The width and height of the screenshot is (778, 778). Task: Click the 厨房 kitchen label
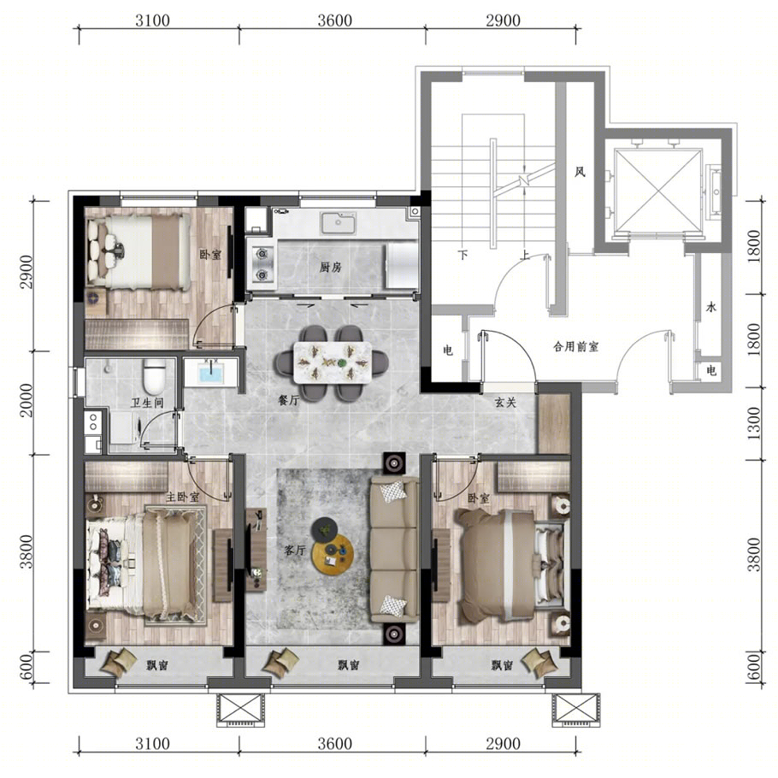tap(331, 268)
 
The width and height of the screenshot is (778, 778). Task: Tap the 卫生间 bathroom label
tap(147, 403)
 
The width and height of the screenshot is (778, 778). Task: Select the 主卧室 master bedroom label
tap(183, 497)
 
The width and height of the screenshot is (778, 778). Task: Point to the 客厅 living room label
tap(294, 550)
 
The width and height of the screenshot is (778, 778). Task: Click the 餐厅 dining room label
tap(289, 400)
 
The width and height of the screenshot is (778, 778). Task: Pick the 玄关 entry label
tap(505, 403)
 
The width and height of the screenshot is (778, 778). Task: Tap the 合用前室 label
tap(575, 346)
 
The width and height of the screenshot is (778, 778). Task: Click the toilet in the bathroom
tap(154, 376)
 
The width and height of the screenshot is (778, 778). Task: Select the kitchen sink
tap(338, 222)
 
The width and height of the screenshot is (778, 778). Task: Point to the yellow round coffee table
tap(333, 554)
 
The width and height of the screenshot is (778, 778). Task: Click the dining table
tap(333, 362)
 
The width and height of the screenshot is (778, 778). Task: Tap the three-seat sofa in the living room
tap(394, 549)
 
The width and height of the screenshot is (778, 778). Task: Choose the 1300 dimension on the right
tap(754, 423)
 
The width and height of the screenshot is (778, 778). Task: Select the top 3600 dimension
tap(335, 21)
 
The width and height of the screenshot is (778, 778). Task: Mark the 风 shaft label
tap(580, 172)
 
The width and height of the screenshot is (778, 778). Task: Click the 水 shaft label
tap(711, 307)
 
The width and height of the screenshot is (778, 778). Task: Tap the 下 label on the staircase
tap(463, 255)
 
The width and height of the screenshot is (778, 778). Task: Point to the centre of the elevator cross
tap(659, 191)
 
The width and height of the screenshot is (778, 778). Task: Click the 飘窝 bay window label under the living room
tap(349, 665)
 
